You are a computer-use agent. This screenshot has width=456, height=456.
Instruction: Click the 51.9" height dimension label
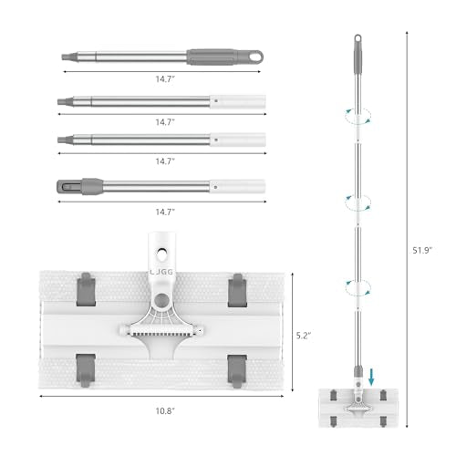coord(422,251)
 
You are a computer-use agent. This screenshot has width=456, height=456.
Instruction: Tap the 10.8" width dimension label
coord(165,411)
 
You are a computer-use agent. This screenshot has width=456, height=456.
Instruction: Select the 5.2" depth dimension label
coord(304,336)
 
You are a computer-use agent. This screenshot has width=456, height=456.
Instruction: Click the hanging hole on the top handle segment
coord(254,57)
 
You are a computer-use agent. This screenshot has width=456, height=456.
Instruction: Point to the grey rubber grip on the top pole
coord(212,57)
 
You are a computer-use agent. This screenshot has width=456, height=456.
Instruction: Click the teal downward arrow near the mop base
coord(371,378)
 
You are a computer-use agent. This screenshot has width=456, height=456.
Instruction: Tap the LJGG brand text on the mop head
coord(161,272)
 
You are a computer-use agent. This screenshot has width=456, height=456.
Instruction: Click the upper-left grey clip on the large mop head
coord(86,289)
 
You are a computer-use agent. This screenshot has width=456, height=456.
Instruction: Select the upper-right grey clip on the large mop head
coord(237,290)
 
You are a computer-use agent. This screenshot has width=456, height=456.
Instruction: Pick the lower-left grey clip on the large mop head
coord(86,370)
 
